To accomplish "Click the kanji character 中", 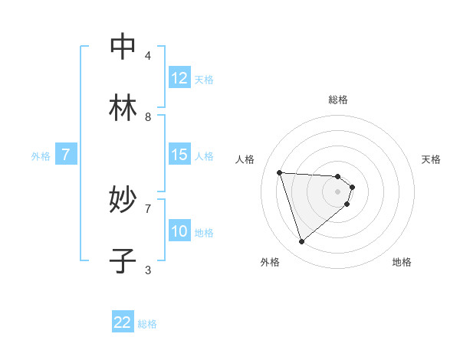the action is pos(123,47).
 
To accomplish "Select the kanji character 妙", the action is pos(123,200).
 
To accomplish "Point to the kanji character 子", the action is pos(123,261).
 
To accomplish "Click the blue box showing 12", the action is pos(179,78).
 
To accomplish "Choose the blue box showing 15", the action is pos(179,155).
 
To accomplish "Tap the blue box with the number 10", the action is pos(179,231).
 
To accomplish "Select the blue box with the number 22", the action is pos(123,322).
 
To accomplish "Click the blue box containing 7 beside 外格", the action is pos(66,155).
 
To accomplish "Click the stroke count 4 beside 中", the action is pos(148,56).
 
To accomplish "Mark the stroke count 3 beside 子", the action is pos(148,270).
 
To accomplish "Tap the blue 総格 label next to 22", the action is pos(147,324).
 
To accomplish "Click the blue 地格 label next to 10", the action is pos(204,233).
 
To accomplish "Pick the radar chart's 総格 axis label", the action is pos(338,100).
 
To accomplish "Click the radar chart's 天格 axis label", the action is pos(431,159).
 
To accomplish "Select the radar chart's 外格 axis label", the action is pos(270,262).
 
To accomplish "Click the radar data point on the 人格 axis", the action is pos(280,172).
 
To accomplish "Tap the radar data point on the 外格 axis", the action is pos(301,242).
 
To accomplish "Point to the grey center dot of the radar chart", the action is pos(338,191).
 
